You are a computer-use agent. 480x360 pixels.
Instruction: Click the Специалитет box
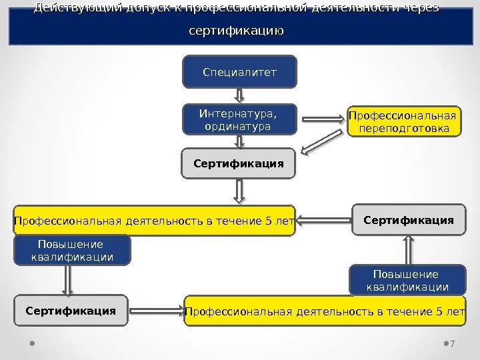[x=239, y=72]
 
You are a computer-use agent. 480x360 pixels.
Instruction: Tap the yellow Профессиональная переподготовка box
[x=404, y=121]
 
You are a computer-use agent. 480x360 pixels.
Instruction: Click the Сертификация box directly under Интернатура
[x=239, y=163]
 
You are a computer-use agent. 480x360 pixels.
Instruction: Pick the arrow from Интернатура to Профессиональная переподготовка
[x=323, y=121]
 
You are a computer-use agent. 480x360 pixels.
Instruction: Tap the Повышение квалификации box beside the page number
[x=407, y=281]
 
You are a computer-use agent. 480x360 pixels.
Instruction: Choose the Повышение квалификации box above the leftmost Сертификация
[x=73, y=250]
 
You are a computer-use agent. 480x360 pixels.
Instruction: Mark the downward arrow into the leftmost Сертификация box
[x=68, y=280]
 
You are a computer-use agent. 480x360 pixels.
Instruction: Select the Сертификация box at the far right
[x=409, y=220]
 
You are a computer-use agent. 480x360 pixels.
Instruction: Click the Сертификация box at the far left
[x=71, y=311]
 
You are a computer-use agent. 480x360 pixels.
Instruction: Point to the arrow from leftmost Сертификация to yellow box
[x=155, y=310]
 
